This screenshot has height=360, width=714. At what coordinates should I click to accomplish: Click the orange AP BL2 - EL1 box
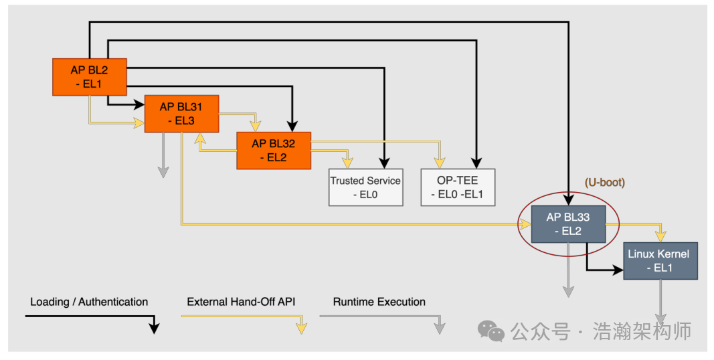[90, 77]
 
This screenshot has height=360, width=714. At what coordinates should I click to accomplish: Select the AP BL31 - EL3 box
[181, 114]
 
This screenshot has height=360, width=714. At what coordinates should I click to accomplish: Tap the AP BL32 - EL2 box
[273, 151]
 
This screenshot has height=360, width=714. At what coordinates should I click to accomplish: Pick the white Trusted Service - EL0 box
[365, 187]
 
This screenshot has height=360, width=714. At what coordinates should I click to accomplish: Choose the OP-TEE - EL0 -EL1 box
[458, 187]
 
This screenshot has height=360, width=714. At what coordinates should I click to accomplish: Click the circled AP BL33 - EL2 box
[568, 223]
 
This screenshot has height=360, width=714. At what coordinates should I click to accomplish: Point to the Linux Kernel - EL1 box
[660, 260]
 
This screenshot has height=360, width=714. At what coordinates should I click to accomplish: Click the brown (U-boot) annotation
[605, 183]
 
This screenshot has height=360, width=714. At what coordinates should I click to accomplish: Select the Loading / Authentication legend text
[89, 302]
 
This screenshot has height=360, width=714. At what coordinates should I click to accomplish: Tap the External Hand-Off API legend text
[242, 302]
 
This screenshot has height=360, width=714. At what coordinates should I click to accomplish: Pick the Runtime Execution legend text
[379, 302]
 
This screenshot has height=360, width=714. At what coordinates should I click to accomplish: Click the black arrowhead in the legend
[154, 327]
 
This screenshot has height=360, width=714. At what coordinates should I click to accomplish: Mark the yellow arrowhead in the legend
[302, 327]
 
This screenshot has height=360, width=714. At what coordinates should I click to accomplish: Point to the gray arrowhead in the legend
[440, 327]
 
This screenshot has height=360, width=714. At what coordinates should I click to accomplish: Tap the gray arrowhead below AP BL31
[163, 171]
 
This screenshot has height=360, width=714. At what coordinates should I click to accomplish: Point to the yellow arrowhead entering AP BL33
[525, 224]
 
